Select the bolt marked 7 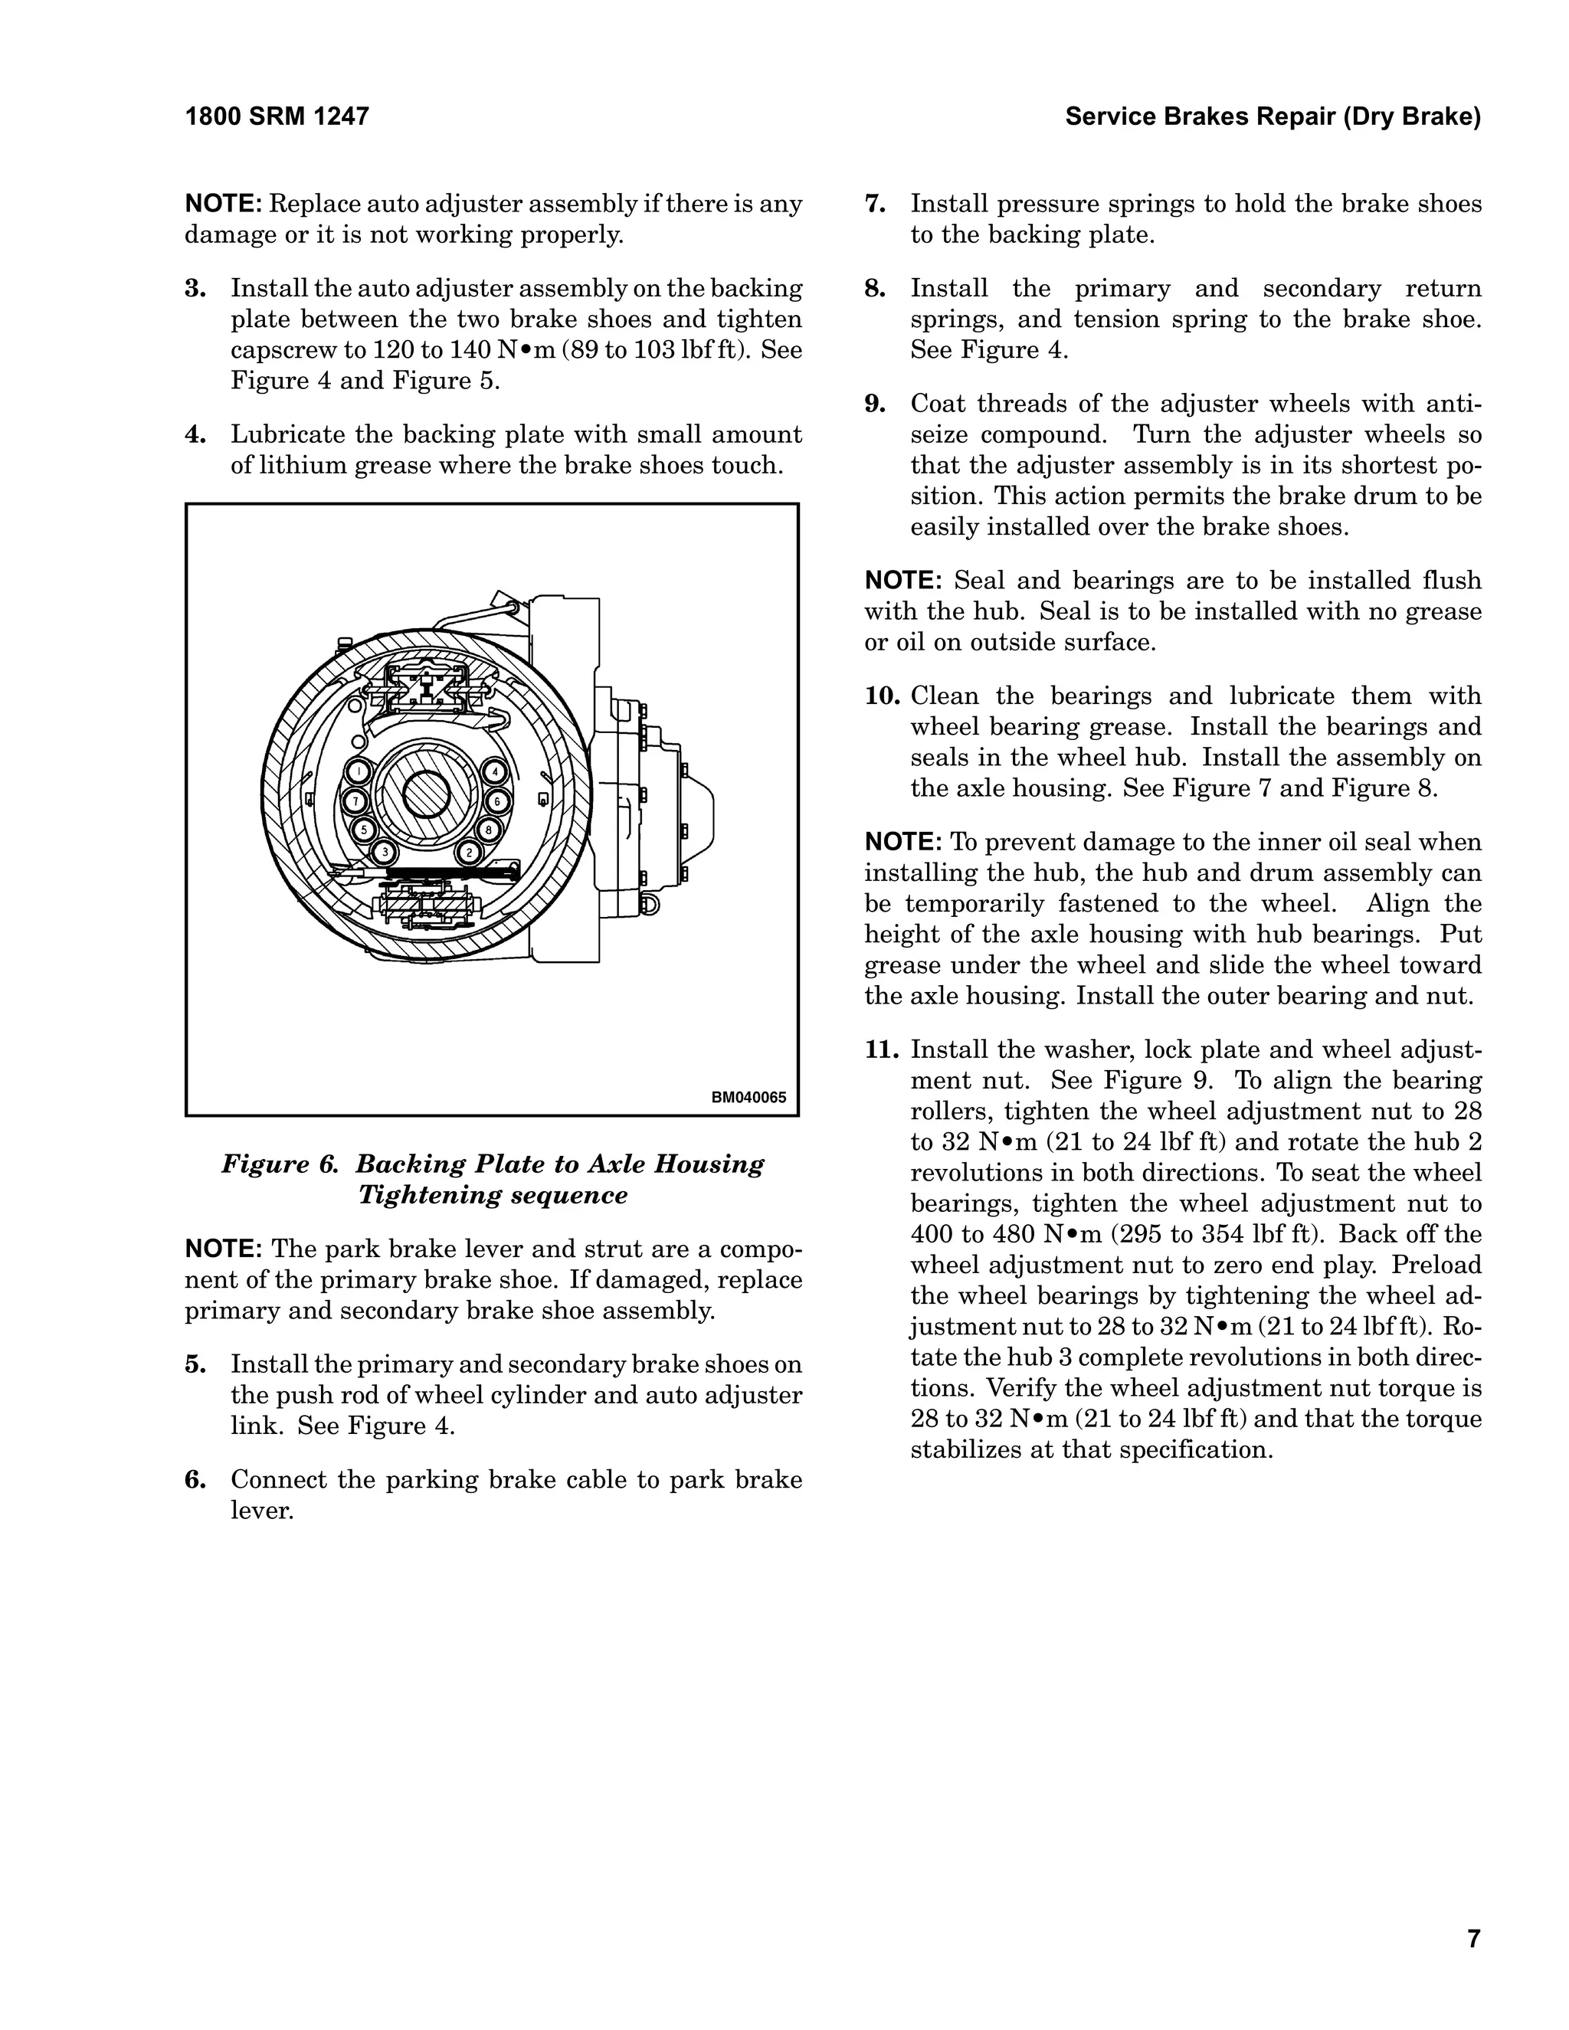pyautogui.click(x=353, y=801)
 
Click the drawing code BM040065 pyautogui.click(x=748, y=1097)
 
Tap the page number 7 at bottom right pyautogui.click(x=1473, y=1913)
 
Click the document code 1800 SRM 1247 pyautogui.click(x=277, y=117)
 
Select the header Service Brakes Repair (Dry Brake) pyautogui.click(x=1273, y=117)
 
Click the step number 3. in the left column pyautogui.click(x=195, y=289)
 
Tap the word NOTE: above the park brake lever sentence pyautogui.click(x=224, y=1249)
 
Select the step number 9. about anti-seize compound pyautogui.click(x=875, y=404)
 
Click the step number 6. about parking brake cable pyautogui.click(x=195, y=1480)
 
